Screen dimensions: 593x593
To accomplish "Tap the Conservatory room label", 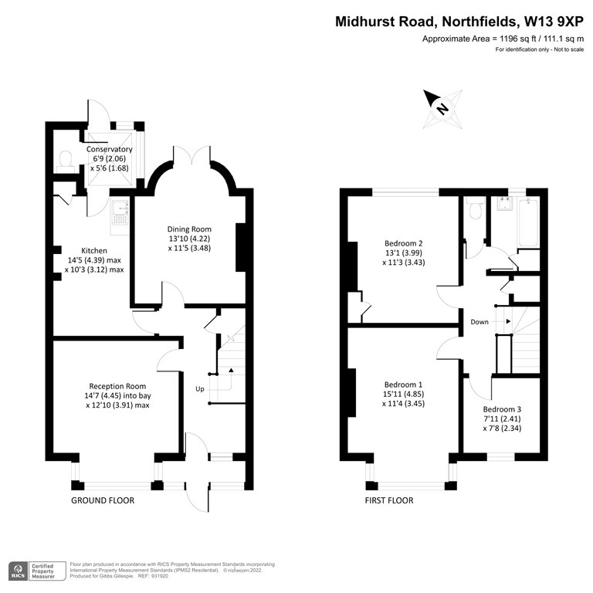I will tap(109, 149).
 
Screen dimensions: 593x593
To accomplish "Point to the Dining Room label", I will tap(189, 229).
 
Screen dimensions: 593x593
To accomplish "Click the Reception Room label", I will tap(117, 386).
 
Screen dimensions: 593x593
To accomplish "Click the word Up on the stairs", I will tap(200, 388).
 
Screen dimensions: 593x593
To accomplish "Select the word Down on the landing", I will tap(479, 322).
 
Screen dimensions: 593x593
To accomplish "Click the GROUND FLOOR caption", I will tap(103, 500).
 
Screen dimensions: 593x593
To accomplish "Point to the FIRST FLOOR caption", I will tap(388, 500).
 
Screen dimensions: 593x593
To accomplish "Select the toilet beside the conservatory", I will tap(66, 159).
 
